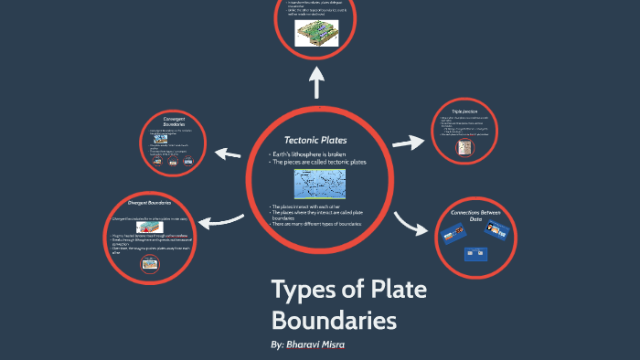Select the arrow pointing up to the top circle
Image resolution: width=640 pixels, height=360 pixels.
click(x=318, y=83)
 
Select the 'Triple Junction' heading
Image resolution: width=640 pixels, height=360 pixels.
click(x=465, y=110)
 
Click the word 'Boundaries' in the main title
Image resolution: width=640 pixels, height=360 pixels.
click(x=335, y=321)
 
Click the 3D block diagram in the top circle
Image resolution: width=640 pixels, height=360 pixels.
click(x=316, y=34)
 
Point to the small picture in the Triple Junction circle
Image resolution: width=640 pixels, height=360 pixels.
click(x=464, y=147)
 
